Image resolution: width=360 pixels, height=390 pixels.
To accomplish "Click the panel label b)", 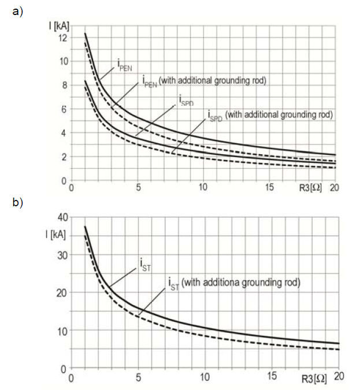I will pyautogui.click(x=18, y=204).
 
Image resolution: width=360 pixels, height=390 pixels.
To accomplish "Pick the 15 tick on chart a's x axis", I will pyautogui.click(x=270, y=188).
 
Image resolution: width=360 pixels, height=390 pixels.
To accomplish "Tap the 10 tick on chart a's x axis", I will pyautogui.click(x=203, y=188).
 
